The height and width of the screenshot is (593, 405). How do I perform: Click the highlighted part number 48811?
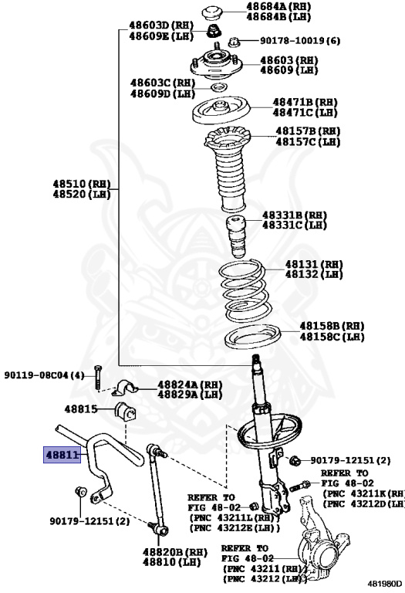[x=62, y=455]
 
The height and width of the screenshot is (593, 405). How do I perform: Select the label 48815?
[x=81, y=408]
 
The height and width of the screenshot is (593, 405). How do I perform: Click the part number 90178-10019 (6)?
[x=299, y=40]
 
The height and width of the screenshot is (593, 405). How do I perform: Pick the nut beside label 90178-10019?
[x=234, y=41]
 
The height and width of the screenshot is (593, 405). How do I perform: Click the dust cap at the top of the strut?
[x=214, y=12]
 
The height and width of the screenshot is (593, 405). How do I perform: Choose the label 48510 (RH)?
[x=82, y=184]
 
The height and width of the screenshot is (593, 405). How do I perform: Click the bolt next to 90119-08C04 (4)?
[x=97, y=378]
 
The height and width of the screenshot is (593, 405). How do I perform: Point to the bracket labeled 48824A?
[x=125, y=388]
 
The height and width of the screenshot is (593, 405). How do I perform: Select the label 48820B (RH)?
[x=175, y=552]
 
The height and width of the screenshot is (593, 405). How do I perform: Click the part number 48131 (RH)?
[x=313, y=264]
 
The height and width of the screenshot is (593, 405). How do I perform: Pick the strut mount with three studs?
[x=216, y=63]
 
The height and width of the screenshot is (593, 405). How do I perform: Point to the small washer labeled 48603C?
[x=219, y=88]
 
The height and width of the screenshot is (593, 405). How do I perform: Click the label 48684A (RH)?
[x=278, y=6]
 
